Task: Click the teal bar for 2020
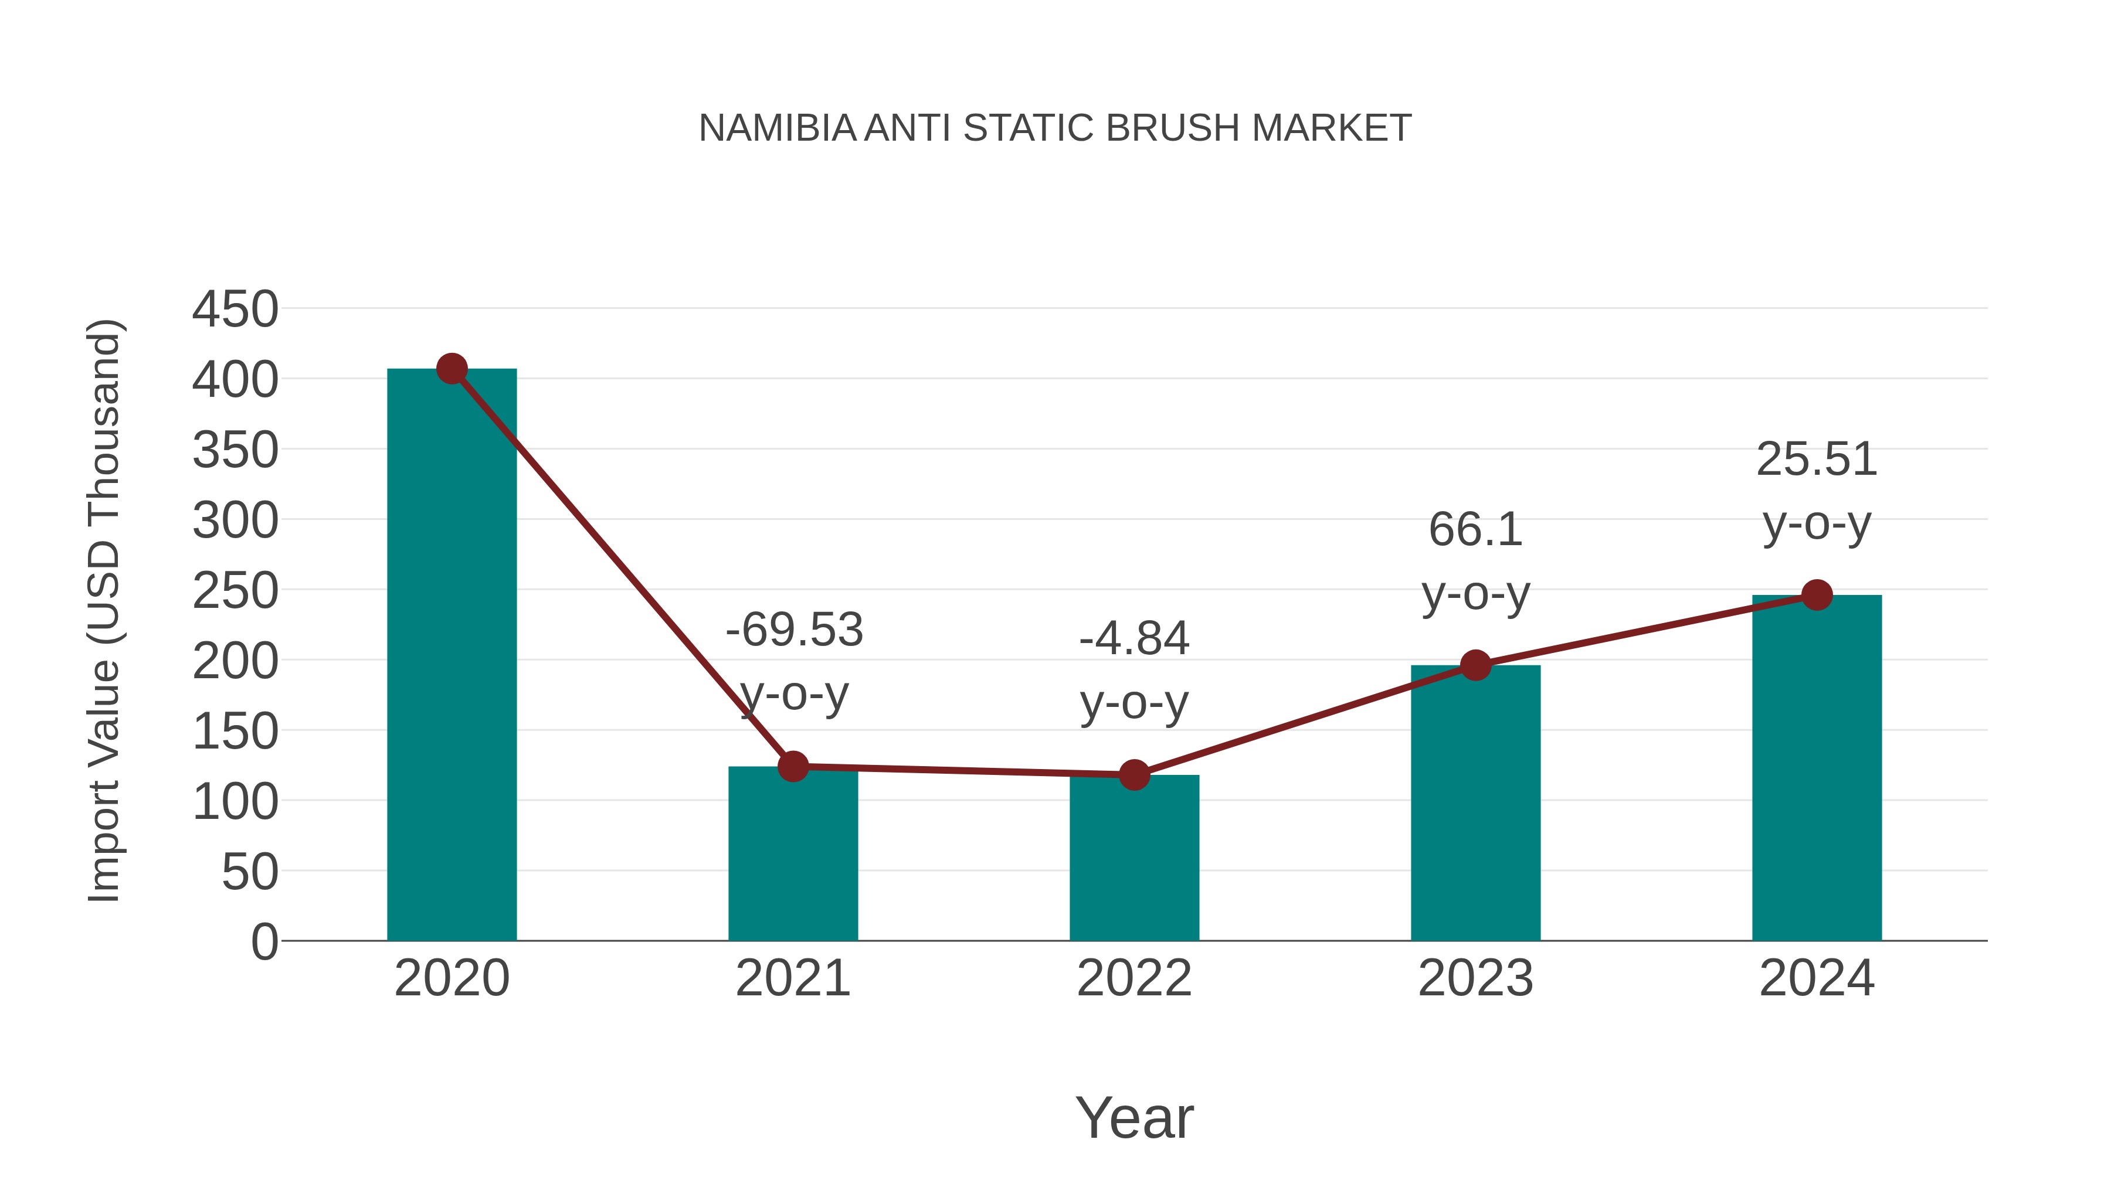click(x=452, y=655)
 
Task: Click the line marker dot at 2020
click(x=452, y=369)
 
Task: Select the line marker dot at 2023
click(x=1475, y=665)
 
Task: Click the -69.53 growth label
click(x=794, y=630)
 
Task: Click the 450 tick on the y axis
click(x=235, y=309)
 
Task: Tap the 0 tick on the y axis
click(x=264, y=941)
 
